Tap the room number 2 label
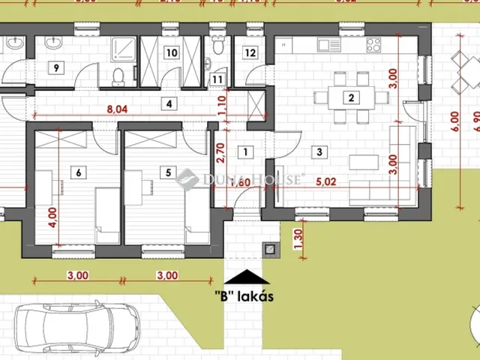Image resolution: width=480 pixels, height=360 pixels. click(349, 97)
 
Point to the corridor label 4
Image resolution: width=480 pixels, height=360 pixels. click(170, 103)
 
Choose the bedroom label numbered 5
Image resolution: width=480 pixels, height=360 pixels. click(168, 173)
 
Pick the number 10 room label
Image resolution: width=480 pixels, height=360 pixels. click(172, 52)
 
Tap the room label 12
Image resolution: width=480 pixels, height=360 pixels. click(250, 53)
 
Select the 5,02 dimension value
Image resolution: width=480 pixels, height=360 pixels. click(325, 181)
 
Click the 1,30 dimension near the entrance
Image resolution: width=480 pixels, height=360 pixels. click(299, 238)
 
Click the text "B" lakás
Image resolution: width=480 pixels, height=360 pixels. click(244, 295)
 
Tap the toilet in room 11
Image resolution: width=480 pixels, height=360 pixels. click(217, 46)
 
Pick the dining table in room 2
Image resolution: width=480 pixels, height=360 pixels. click(349, 97)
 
